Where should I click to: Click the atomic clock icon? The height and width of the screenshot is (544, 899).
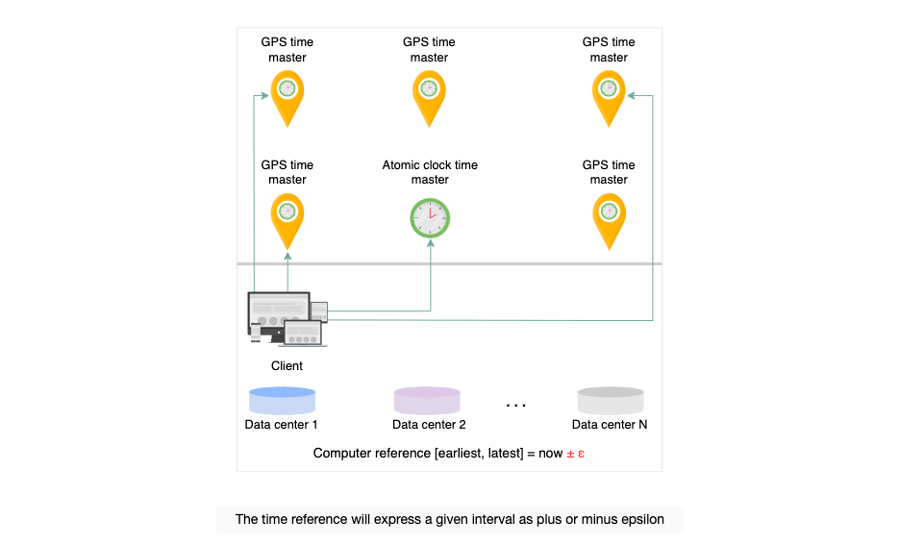pos(430,218)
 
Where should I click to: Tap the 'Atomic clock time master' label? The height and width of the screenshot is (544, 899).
pos(430,172)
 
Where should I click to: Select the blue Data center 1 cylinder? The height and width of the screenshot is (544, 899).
pos(282,401)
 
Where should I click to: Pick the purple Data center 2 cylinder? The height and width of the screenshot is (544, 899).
pos(427,401)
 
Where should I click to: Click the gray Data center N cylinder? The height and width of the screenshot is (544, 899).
pos(611,401)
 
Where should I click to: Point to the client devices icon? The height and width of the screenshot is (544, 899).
pos(287,319)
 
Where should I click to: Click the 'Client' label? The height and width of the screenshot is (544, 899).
pos(287,366)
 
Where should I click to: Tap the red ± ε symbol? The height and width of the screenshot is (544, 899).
pos(576,454)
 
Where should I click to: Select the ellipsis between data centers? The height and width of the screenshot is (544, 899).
pos(516,406)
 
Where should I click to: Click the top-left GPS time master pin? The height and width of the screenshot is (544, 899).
pos(287,98)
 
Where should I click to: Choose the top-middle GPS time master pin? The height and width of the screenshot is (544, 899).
pos(429,98)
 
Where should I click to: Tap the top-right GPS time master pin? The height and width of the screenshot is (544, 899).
pos(609,98)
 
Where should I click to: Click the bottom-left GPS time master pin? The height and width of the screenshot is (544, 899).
pos(287,221)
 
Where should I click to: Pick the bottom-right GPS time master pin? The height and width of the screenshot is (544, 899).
pos(609,221)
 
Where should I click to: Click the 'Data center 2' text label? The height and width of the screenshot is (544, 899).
pos(429,425)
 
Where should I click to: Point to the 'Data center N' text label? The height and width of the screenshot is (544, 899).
pos(610,425)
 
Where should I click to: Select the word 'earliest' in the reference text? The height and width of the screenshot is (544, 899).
pos(461,454)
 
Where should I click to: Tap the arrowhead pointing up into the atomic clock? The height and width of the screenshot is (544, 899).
pos(431,243)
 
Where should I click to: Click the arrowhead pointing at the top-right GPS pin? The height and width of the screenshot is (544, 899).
pos(632,96)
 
